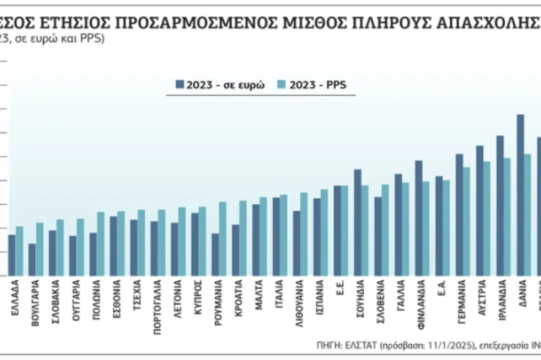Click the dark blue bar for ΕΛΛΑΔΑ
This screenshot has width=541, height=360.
pyautogui.click(x=12, y=254)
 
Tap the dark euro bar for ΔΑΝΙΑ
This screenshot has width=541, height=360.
pyautogui.click(x=520, y=194)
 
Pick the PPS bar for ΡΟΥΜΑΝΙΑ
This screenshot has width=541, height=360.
pyautogui.click(x=223, y=238)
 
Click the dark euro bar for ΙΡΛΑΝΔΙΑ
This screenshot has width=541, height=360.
pyautogui.click(x=500, y=205)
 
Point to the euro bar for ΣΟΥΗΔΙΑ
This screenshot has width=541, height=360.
pyautogui.click(x=357, y=222)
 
